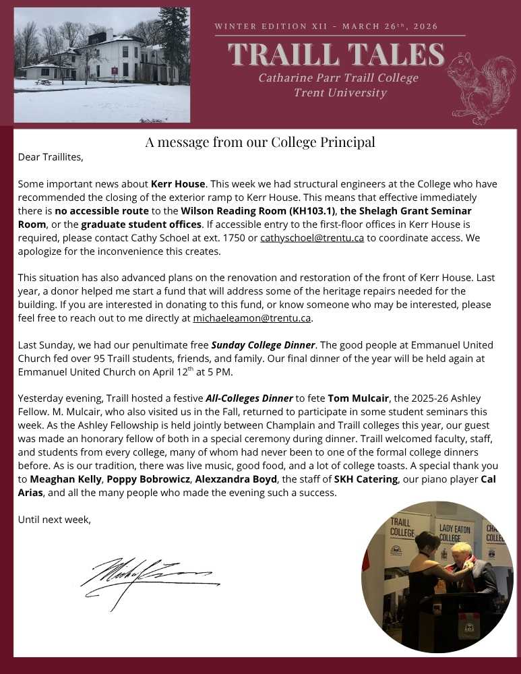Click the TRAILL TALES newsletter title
(x=336, y=55)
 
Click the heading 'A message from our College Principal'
(x=260, y=142)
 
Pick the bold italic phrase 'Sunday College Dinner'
(x=263, y=345)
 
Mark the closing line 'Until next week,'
(x=54, y=520)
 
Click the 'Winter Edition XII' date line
(x=326, y=27)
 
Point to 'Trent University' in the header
(x=340, y=93)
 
